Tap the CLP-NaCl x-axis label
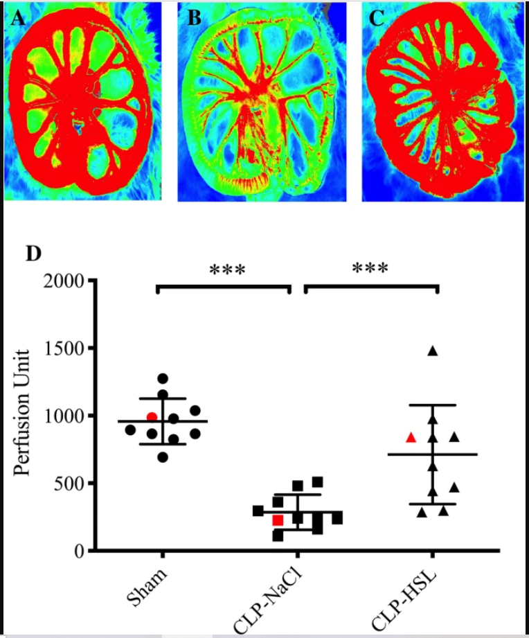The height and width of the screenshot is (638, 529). pyautogui.click(x=271, y=598)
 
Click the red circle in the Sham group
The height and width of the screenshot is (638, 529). pyautogui.click(x=152, y=416)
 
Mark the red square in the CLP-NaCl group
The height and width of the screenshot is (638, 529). pyautogui.click(x=278, y=520)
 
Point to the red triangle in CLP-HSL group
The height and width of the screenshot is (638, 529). pyautogui.click(x=411, y=437)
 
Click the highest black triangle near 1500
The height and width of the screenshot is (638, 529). pyautogui.click(x=433, y=351)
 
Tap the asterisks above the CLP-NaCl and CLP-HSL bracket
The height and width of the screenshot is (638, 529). pyautogui.click(x=370, y=268)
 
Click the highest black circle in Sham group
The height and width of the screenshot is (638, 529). pyautogui.click(x=163, y=378)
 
